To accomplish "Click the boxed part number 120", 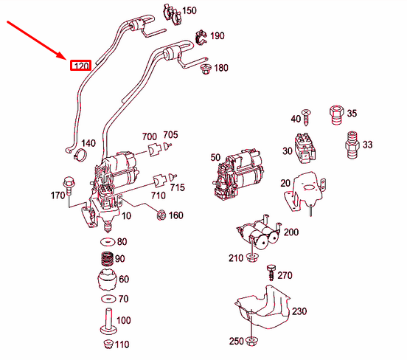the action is [x=80, y=66].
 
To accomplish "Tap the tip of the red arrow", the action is [x=66, y=59].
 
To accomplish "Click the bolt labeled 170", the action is [x=69, y=184].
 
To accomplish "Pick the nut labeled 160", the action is [x=161, y=215].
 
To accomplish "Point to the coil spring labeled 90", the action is [x=108, y=259].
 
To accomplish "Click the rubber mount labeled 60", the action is [x=108, y=280].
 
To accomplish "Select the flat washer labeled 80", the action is [x=108, y=242].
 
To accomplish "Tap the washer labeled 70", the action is [x=108, y=299].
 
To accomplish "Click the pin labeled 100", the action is [x=108, y=322].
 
